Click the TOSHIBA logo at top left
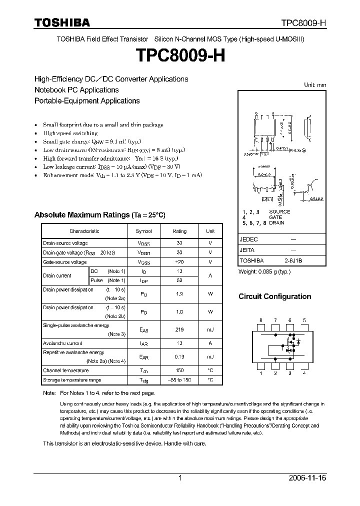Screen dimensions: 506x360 click(62, 22)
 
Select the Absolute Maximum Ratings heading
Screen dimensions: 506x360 click(99, 215)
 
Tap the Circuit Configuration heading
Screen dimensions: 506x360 click(274, 296)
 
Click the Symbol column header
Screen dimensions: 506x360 click(143, 231)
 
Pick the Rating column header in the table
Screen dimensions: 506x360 click(179, 231)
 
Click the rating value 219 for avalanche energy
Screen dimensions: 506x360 click(179, 329)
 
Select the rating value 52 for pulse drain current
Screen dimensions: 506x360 click(179, 280)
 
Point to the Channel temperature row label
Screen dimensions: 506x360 click(65, 370)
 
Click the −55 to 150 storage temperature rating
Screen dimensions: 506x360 click(179, 380)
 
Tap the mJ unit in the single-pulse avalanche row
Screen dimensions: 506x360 click(210, 329)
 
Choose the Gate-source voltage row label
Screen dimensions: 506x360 click(64, 262)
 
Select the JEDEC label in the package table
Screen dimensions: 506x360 click(248, 239)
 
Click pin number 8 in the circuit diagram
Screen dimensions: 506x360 click(260, 320)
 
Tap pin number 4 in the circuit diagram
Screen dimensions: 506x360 click(304, 373)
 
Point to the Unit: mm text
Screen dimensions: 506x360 click(315, 85)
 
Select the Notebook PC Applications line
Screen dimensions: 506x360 click(76, 90)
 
